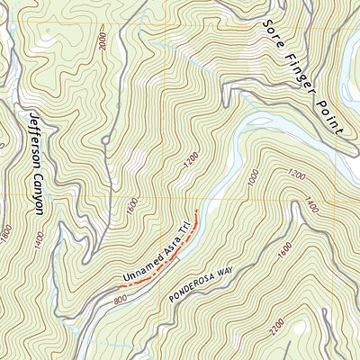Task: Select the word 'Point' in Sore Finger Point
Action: click(329, 114)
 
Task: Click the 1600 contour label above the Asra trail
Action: click(131, 209)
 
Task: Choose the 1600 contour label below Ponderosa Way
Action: click(285, 255)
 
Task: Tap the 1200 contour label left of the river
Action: click(187, 164)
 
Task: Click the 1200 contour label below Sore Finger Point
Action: click(295, 172)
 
